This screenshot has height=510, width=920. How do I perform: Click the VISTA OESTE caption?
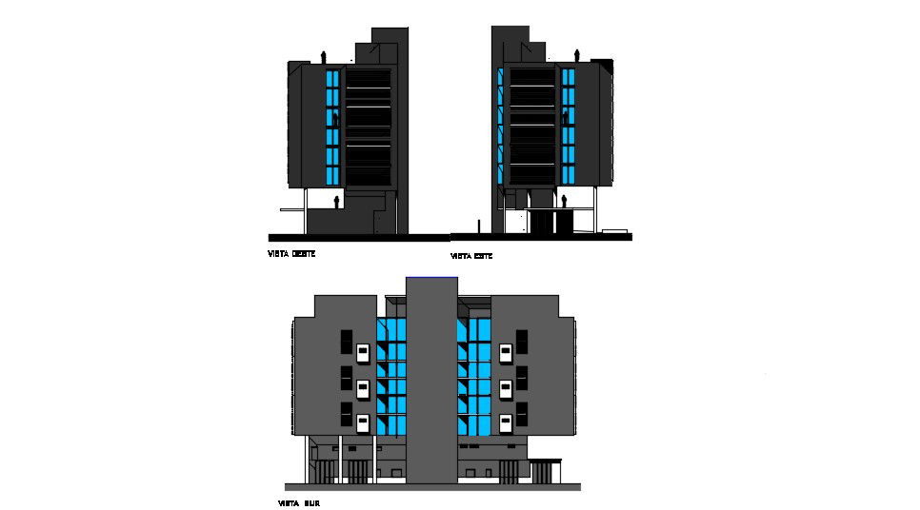click(290, 254)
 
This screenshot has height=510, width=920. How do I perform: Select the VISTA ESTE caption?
click(471, 257)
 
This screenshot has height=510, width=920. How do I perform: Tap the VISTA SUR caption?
click(298, 502)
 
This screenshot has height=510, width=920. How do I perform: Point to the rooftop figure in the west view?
click(324, 55)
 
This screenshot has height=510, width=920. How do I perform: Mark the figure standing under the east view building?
click(564, 201)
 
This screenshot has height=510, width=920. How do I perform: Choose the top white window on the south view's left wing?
click(363, 352)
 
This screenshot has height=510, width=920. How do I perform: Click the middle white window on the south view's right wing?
click(507, 387)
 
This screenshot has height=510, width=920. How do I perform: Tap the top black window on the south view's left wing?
click(347, 339)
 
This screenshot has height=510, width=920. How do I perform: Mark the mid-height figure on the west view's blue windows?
click(336, 118)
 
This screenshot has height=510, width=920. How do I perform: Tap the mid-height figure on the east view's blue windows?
click(565, 118)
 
